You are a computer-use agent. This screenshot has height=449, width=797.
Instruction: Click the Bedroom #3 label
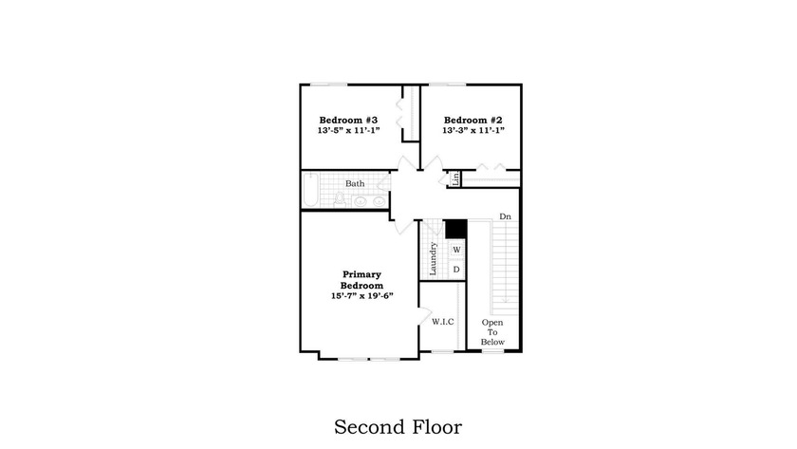pos(348,120)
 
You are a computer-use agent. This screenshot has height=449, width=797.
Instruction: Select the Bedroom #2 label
pos(473,120)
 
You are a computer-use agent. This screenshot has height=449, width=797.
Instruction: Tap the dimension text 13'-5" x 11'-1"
pos(349,130)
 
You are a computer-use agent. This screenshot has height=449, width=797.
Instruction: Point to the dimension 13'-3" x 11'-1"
pos(473,130)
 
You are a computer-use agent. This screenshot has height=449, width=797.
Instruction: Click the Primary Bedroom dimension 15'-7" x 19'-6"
pos(362,295)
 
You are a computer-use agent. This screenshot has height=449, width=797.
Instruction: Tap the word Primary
pos(361,274)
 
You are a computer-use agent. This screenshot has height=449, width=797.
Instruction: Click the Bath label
pos(355,183)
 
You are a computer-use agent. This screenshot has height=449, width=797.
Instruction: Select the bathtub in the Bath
pos(310,190)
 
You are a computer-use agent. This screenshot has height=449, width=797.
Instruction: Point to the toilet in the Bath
pos(340,199)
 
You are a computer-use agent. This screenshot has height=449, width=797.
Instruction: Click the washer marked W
pos(456,250)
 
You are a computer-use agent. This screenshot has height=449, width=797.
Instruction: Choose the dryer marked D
pos(456,269)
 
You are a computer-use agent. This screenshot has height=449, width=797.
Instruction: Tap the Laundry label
pos(433,259)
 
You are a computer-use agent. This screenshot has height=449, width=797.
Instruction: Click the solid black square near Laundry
pos(456,229)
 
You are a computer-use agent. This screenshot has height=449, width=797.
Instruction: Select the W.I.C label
pos(443,322)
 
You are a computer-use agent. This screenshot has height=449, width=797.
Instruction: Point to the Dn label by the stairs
pos(505,216)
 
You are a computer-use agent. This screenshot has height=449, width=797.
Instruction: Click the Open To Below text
pos(492,332)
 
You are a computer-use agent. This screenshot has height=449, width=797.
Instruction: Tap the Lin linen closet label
pos(455,178)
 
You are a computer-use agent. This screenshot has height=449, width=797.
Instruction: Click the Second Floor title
pos(398,426)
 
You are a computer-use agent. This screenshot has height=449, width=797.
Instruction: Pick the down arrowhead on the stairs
pos(505,300)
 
